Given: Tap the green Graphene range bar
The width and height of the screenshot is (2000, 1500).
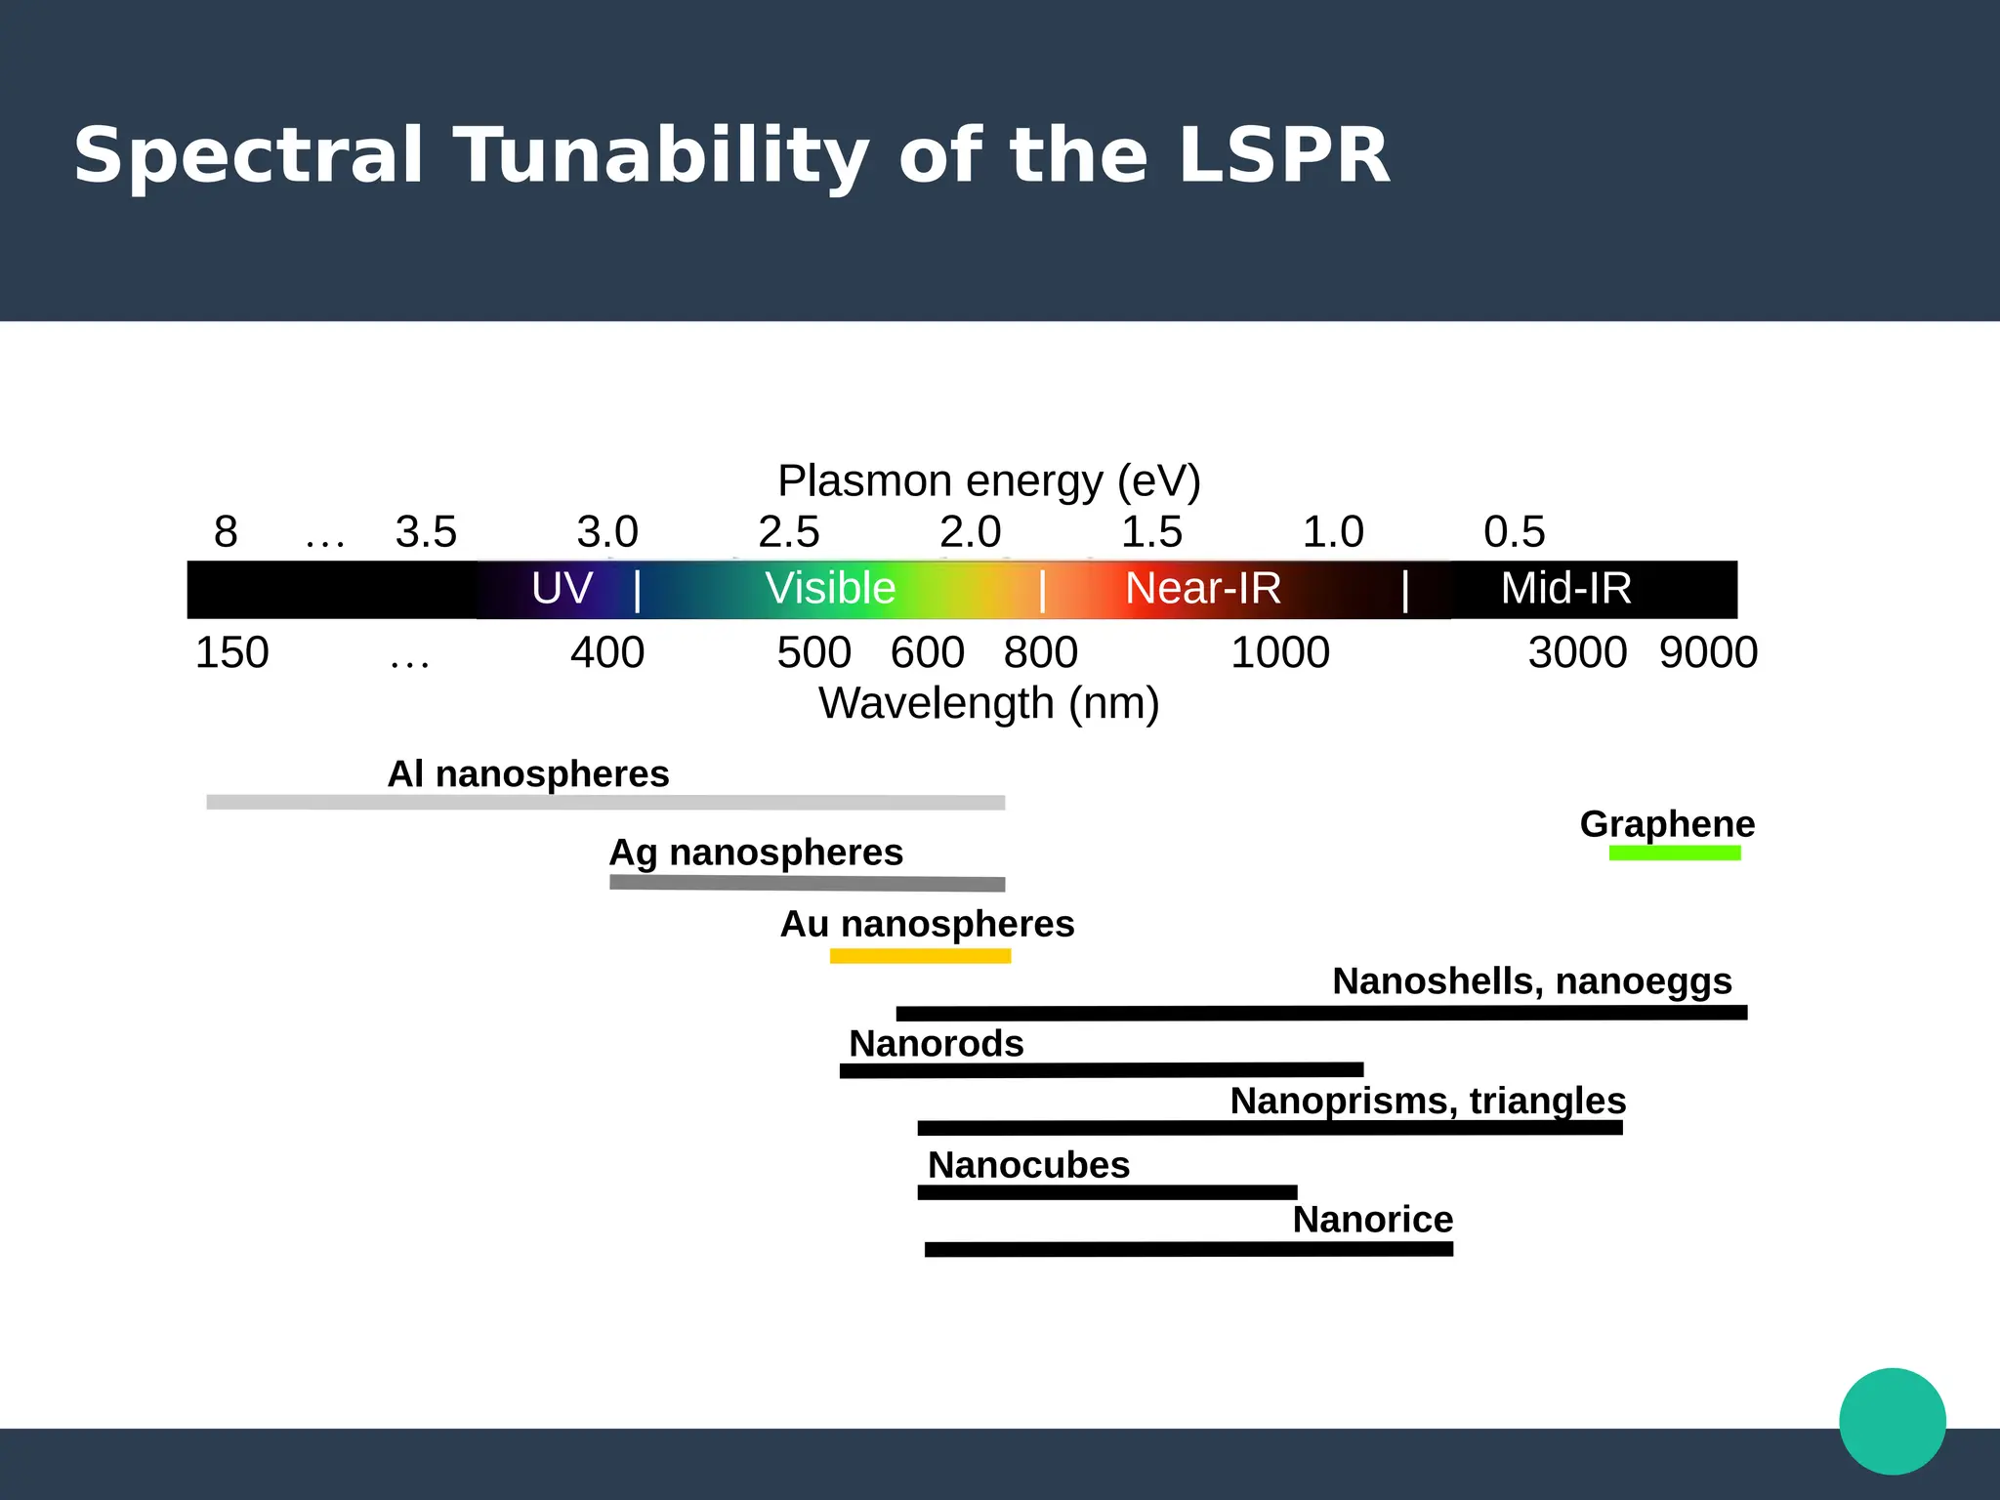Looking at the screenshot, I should (1674, 853).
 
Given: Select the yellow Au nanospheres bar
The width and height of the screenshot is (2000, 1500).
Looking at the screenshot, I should (920, 956).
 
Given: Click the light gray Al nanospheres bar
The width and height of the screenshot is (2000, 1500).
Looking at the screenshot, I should (605, 803).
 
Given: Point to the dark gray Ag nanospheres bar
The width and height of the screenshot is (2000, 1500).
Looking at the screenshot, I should (807, 883).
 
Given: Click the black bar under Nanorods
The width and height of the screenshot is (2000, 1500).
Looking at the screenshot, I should (1101, 1070).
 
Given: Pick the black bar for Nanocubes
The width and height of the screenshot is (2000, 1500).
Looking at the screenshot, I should (1106, 1192).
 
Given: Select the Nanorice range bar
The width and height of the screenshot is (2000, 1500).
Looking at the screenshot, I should (1188, 1249).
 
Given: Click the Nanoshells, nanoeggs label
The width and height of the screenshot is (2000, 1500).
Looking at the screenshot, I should (1531, 980).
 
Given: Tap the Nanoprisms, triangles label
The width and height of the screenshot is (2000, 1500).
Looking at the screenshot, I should (1428, 1101).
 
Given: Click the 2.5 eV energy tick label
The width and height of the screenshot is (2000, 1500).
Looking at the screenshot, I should (788, 532).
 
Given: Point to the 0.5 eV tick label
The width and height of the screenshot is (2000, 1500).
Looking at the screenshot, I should (1514, 532).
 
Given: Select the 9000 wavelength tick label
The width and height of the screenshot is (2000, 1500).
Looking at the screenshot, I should (1708, 652).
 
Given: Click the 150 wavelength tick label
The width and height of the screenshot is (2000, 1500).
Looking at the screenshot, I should (231, 652).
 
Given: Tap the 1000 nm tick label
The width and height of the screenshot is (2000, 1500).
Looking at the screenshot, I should (1279, 652).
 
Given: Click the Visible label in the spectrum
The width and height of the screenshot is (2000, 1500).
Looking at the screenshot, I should (830, 589).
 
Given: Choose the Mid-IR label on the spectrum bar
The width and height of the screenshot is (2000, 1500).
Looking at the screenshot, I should (1565, 589).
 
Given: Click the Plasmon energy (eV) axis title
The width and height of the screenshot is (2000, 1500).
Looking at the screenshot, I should (988, 480).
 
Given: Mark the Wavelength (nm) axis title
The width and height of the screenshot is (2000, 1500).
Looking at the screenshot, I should (988, 703).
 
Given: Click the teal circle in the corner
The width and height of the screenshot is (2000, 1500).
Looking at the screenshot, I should (1892, 1421).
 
